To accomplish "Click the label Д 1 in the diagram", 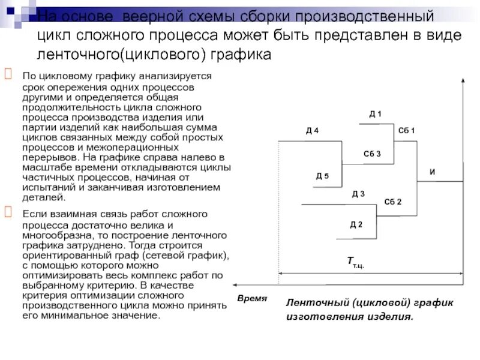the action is tap(375, 114).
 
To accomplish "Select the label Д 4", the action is tap(312, 131).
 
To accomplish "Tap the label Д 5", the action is tap(322, 176).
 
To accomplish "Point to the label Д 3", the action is tap(358, 193).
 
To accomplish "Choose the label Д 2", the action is tap(356, 224).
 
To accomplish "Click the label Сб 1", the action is tap(406, 131).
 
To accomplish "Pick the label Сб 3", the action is tap(372, 154).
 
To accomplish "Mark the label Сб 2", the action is tap(392, 201).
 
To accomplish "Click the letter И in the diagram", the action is tap(432, 173).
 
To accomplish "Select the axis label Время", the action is tap(251, 298).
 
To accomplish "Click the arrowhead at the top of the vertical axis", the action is tap(463, 81).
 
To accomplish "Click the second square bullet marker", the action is tap(9, 211).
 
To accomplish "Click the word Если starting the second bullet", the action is tap(35, 214).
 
